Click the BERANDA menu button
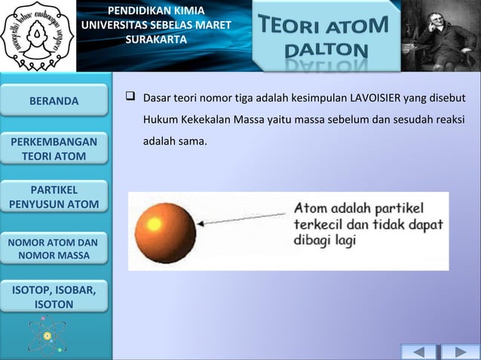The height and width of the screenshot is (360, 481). click(x=54, y=100)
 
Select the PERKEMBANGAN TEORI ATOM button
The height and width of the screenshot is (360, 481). click(x=54, y=149)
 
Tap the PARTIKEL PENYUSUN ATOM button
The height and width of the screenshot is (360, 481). click(x=54, y=196)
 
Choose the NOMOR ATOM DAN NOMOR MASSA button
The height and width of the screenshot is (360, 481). click(x=54, y=249)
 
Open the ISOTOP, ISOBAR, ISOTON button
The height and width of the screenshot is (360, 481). click(x=54, y=297)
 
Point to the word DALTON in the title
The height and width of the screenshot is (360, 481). click(x=327, y=51)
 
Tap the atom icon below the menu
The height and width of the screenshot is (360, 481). click(x=47, y=334)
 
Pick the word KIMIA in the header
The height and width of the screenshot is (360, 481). click(x=185, y=11)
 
